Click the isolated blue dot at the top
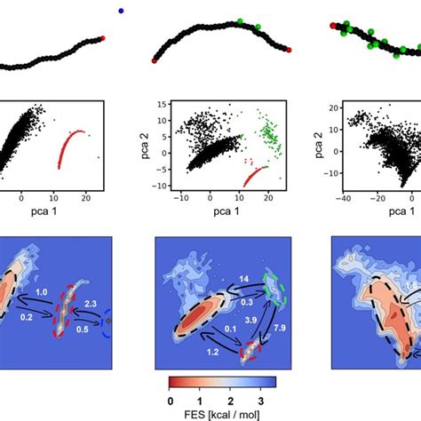point(121,11)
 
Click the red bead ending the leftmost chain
point(103,38)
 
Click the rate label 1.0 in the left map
point(40,291)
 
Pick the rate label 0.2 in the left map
point(28,317)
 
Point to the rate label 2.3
point(91,304)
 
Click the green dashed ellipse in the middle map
point(275,290)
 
